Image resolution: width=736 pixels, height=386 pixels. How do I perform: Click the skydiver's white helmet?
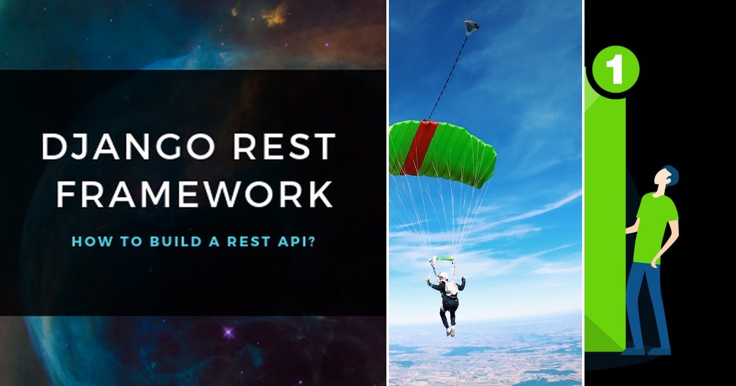point(443,277)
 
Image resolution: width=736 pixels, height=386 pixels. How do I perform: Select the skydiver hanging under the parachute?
point(448,300)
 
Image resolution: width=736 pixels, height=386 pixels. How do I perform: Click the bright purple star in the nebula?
point(229,333)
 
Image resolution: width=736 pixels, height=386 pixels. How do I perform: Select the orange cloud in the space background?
point(275,15)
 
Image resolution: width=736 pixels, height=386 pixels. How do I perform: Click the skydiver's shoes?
point(451,331)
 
